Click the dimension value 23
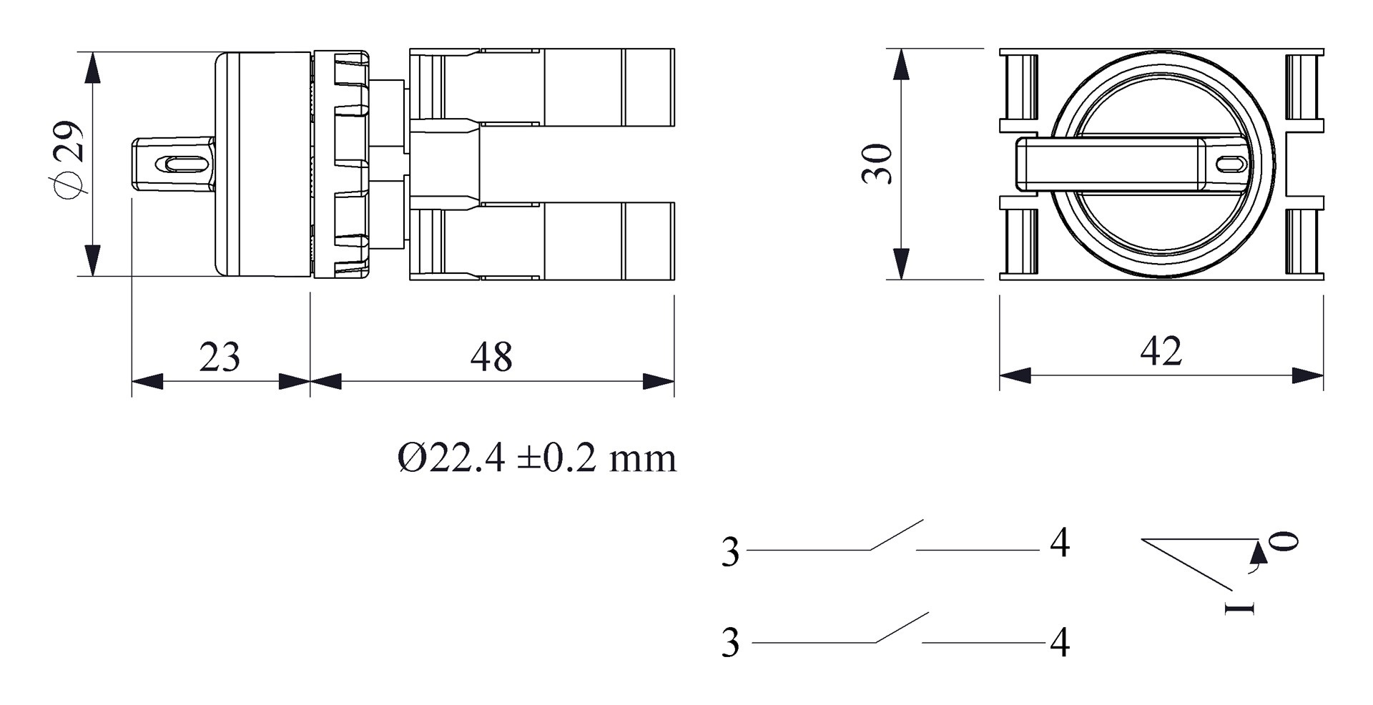pyautogui.click(x=220, y=357)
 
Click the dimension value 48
pyautogui.click(x=491, y=357)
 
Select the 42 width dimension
pyautogui.click(x=1161, y=351)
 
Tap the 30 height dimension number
pyautogui.click(x=878, y=164)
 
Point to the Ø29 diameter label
pyautogui.click(x=69, y=161)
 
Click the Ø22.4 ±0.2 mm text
pyautogui.click(x=536, y=458)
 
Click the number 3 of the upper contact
pyautogui.click(x=730, y=552)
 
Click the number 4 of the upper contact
pyautogui.click(x=1060, y=543)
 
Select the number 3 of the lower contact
pyautogui.click(x=730, y=642)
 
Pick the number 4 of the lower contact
pyautogui.click(x=1060, y=642)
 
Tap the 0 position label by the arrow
pyautogui.click(x=1285, y=541)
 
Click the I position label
pyautogui.click(x=1239, y=608)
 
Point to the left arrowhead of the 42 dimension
pyautogui.click(x=1015, y=375)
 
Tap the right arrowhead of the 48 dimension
pyautogui.click(x=659, y=381)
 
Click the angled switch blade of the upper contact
pyautogui.click(x=896, y=535)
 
